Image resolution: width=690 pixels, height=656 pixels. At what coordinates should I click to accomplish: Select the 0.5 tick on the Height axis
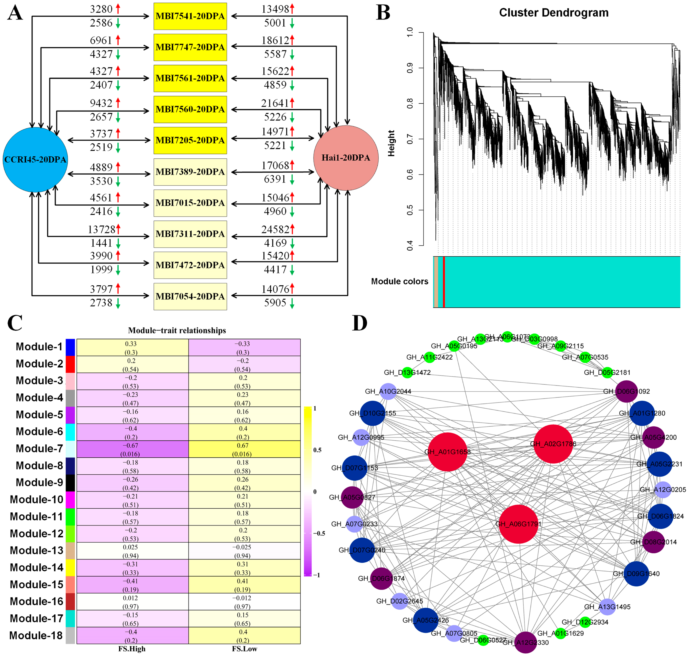pyautogui.click(x=410, y=210)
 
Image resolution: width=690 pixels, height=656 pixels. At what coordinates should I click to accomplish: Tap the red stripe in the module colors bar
pyautogui.click(x=444, y=282)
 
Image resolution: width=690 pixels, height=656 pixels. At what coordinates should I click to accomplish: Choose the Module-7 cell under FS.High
pyautogui.click(x=132, y=449)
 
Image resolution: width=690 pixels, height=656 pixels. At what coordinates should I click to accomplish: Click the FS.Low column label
pyautogui.click(x=244, y=649)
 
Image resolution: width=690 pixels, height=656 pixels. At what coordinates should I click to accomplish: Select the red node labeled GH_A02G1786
pyautogui.click(x=553, y=444)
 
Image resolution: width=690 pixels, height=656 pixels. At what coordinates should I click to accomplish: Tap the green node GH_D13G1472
pyautogui.click(x=407, y=372)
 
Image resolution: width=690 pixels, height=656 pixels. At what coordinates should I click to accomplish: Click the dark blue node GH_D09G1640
pyautogui.click(x=636, y=573)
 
